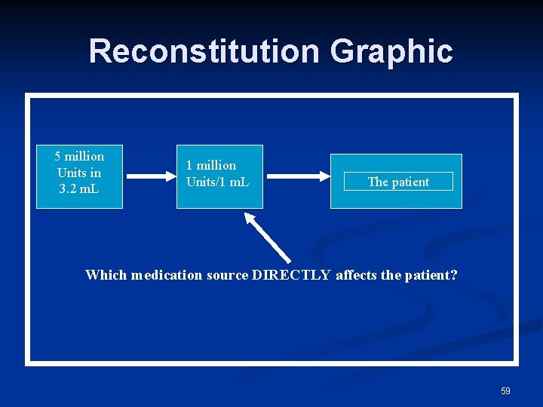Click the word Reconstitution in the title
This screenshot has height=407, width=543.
tap(204, 51)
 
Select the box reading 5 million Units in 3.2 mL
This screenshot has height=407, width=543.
tap(79, 176)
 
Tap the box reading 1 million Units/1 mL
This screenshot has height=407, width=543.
tap(219, 176)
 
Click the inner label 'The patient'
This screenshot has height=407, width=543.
tap(397, 182)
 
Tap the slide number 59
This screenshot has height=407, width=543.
tap(505, 390)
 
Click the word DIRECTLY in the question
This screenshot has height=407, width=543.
tap(291, 275)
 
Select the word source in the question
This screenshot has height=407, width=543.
tap(228, 275)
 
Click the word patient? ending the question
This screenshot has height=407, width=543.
tap(431, 275)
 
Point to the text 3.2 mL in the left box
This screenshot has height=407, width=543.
tap(79, 188)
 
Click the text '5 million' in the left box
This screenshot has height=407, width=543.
tap(79, 156)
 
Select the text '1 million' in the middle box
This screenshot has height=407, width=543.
tap(211, 165)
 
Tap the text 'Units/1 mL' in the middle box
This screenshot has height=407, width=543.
tap(217, 182)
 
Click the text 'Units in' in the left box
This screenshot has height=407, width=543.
tap(79, 173)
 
